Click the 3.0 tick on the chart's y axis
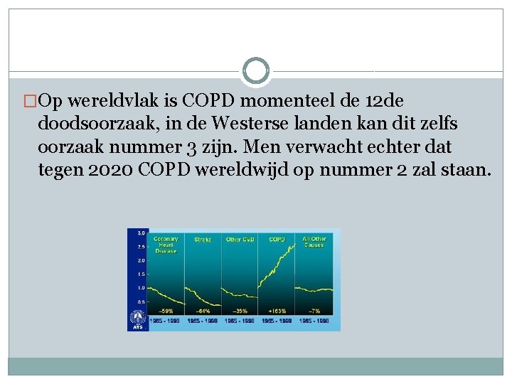(x=142, y=233)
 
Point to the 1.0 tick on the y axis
(x=142, y=287)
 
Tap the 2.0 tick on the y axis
(x=142, y=260)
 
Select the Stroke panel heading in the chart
(x=203, y=240)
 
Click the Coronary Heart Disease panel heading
(x=166, y=245)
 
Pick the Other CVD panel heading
(x=239, y=240)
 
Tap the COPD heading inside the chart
(x=277, y=240)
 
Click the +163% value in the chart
(x=277, y=311)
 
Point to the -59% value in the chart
(x=166, y=311)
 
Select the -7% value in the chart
(x=314, y=311)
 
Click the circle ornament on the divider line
(x=256, y=71)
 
